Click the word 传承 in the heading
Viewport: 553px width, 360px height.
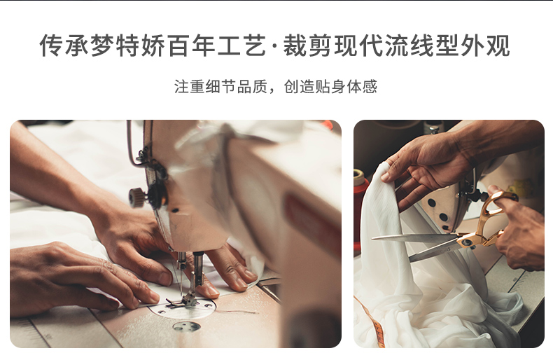64,46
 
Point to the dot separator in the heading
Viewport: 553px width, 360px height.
273,47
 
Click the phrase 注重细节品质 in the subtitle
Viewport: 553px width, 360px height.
216,87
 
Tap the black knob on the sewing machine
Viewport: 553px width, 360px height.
138,197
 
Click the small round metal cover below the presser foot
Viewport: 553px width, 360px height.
186,326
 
